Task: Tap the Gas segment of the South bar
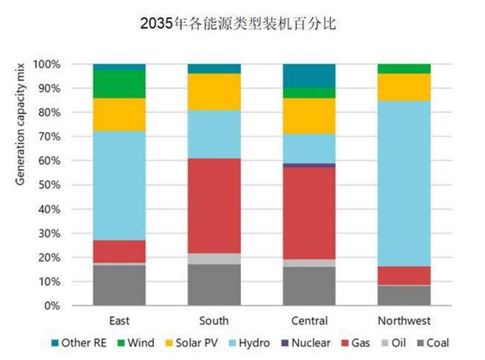214,206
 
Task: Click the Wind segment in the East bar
119,84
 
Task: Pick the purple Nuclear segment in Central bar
309,165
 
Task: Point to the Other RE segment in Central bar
309,75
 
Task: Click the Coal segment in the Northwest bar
404,296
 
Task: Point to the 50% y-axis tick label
48,185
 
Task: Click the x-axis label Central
309,321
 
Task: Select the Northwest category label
404,321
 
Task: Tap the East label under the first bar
119,321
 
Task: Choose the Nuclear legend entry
305,343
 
